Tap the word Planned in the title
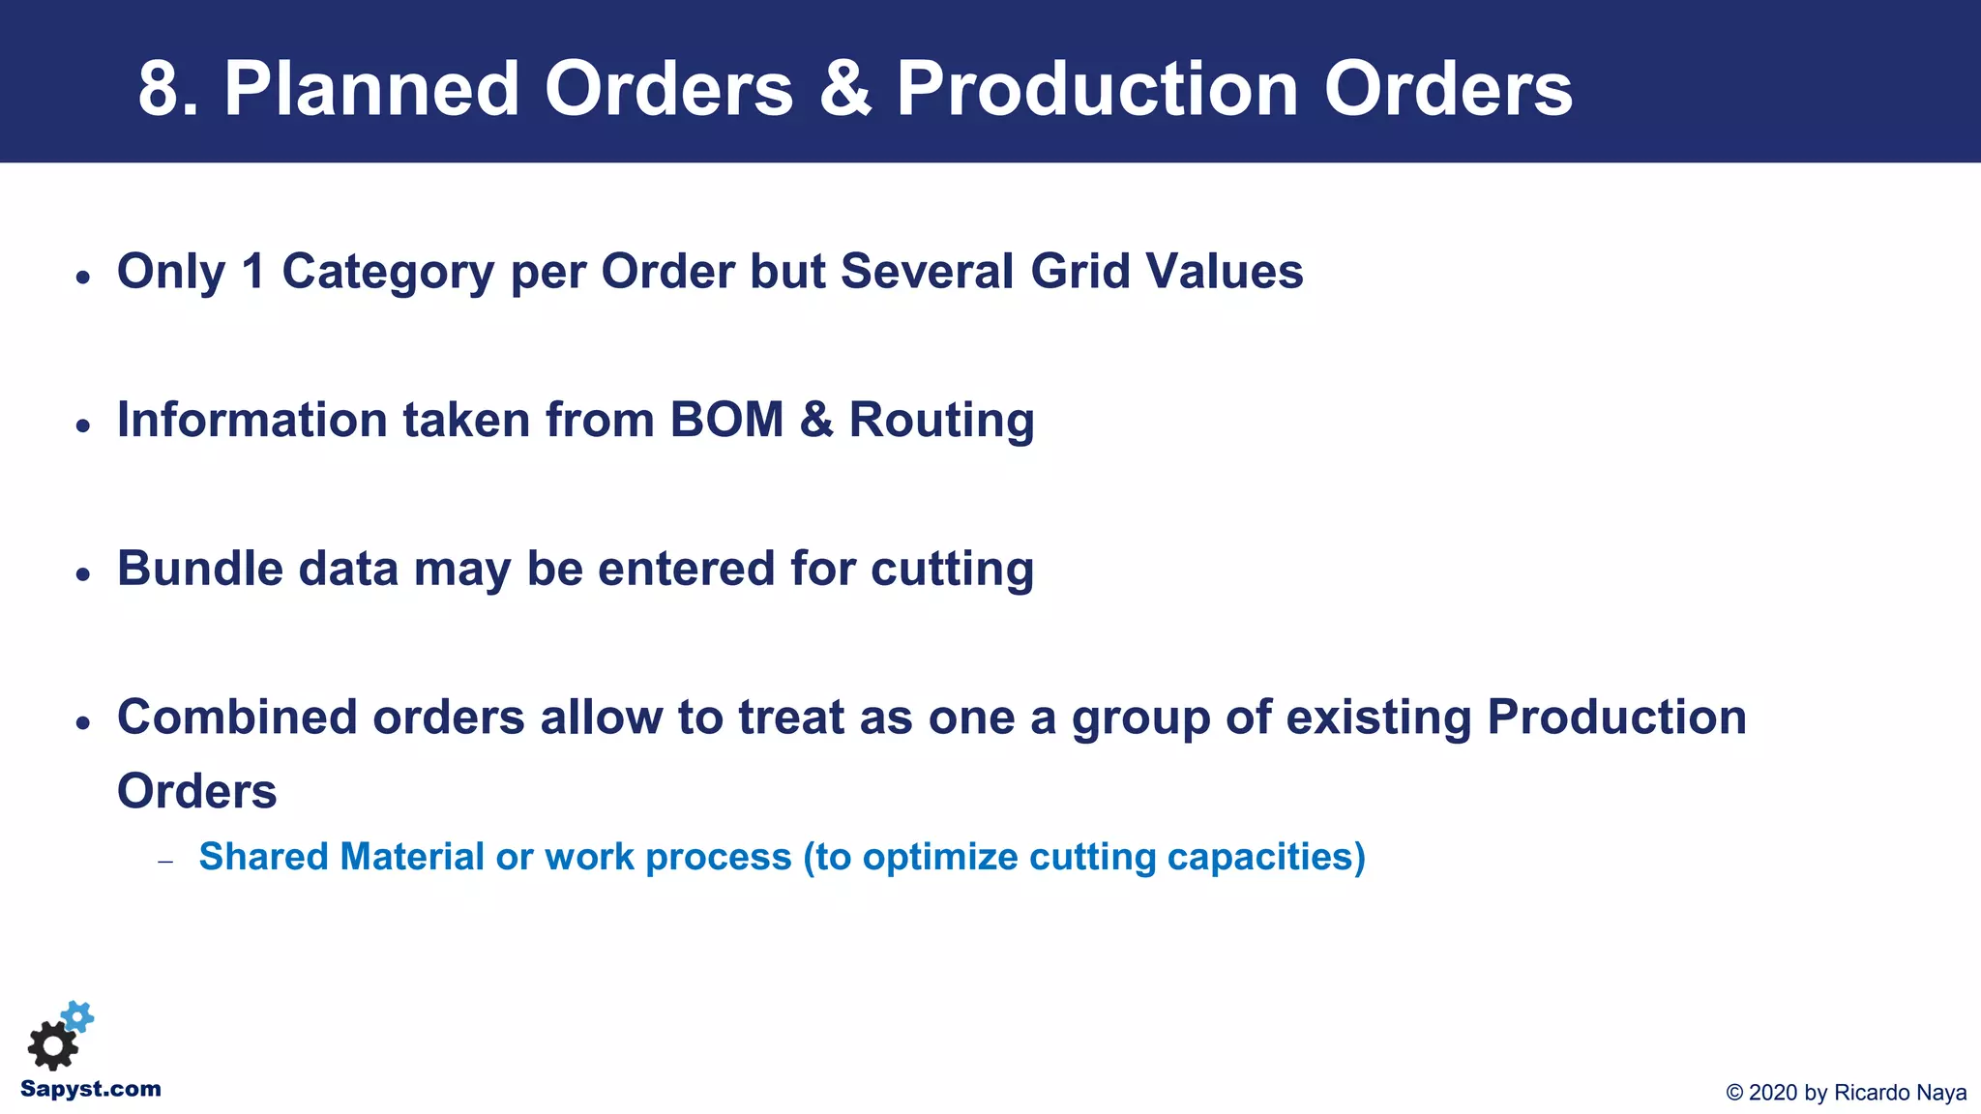pos(372,89)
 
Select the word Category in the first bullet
pos(388,272)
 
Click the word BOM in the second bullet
pos(726,420)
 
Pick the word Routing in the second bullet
pos(941,421)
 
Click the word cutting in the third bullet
pos(952,570)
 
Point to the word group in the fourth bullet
pos(1140,719)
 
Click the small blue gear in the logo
pos(77,1016)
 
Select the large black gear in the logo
pos(52,1046)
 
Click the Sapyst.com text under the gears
pos(91,1090)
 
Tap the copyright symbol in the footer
pos(1734,1093)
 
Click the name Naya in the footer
pos(1941,1093)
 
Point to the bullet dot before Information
pos(83,425)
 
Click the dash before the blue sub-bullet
pos(165,861)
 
